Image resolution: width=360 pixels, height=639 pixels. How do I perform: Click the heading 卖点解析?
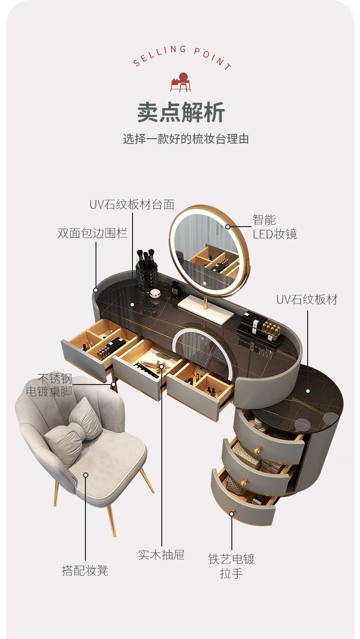click(180, 112)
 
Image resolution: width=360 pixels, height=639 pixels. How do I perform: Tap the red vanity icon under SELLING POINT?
click(180, 82)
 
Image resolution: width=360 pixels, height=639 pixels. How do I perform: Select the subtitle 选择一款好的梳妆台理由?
click(186, 140)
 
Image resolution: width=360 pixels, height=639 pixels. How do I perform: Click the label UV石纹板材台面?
click(132, 204)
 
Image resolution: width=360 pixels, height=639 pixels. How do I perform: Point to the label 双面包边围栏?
click(92, 233)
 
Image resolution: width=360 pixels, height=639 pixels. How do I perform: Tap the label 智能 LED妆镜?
click(275, 227)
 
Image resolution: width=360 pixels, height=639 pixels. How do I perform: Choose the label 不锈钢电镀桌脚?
click(49, 385)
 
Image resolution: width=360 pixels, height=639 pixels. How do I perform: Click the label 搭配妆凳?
click(85, 570)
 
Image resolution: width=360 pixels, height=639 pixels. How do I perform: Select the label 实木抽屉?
click(161, 555)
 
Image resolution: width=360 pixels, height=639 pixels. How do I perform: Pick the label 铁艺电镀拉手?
click(231, 566)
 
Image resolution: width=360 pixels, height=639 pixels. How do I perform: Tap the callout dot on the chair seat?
click(85, 475)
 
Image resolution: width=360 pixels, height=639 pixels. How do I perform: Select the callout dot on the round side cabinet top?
click(308, 391)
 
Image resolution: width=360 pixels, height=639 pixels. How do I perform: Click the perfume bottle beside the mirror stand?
click(176, 289)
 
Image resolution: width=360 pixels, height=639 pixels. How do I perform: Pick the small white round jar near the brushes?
click(155, 293)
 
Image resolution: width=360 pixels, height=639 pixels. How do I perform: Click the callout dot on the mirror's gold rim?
click(228, 227)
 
